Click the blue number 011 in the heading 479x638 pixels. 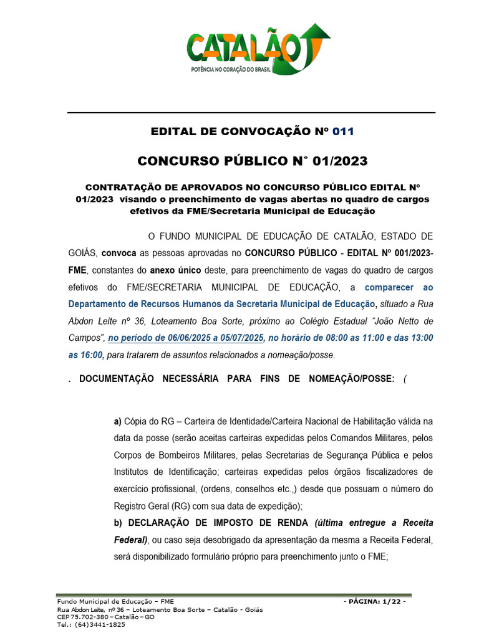click(343, 131)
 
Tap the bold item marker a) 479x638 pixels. click(117, 422)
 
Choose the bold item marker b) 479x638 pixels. click(117, 522)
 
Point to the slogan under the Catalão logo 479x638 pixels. click(231, 70)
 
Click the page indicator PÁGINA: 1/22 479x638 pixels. click(374, 602)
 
